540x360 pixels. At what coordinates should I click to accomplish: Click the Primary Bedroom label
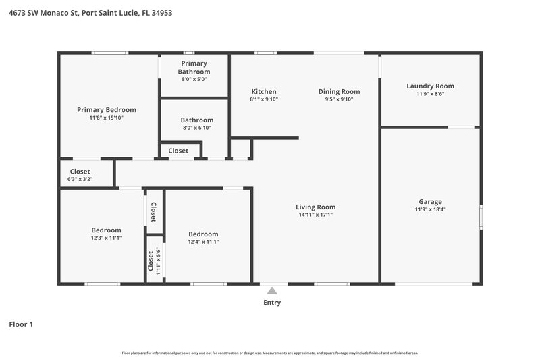tap(106, 109)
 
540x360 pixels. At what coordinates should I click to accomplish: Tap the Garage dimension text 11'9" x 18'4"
tap(430, 209)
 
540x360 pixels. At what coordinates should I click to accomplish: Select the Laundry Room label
tap(430, 86)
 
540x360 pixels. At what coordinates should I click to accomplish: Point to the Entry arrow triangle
tap(272, 290)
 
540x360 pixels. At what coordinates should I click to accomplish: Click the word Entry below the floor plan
tap(272, 303)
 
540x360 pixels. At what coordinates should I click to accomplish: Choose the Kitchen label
tap(264, 91)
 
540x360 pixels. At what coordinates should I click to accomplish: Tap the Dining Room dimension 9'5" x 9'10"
tap(339, 99)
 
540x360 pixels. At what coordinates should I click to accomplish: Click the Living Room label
tap(315, 207)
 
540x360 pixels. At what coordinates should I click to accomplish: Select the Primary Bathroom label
tap(194, 67)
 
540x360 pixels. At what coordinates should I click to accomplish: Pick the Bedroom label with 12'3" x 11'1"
tap(106, 230)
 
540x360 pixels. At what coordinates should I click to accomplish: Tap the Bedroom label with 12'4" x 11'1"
tap(203, 234)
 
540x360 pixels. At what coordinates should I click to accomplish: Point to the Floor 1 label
tap(21, 324)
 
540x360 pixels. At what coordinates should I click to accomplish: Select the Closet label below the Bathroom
tap(178, 151)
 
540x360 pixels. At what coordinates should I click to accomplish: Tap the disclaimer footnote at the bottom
tap(270, 353)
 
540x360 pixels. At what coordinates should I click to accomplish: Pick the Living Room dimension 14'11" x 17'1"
tap(315, 215)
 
